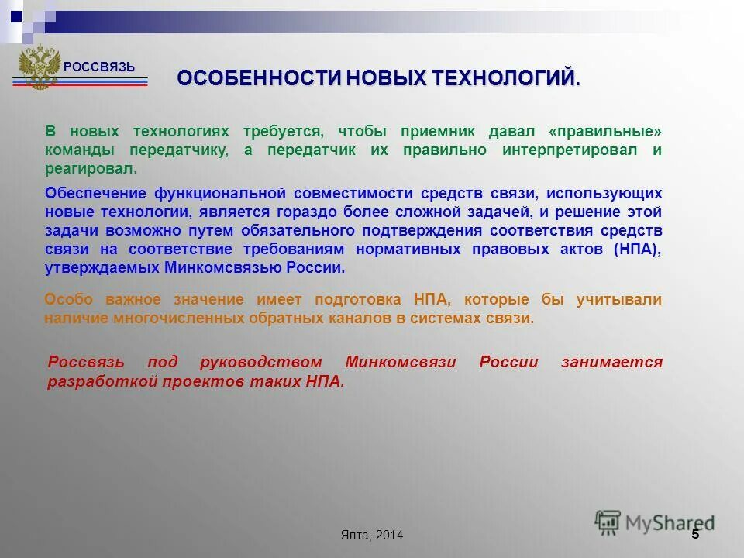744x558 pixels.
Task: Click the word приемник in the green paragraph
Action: pyautogui.click(x=431, y=132)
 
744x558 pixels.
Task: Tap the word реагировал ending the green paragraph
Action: pyautogui.click(x=91, y=169)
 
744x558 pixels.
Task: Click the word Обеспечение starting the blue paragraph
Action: pyautogui.click(x=95, y=193)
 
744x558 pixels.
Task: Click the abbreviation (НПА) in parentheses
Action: pyautogui.click(x=638, y=249)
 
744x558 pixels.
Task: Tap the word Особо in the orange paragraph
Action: pyautogui.click(x=64, y=300)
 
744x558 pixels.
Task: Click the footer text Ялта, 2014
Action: pyautogui.click(x=371, y=536)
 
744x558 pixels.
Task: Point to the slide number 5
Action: pyautogui.click(x=694, y=534)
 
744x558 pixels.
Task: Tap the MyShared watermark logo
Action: pyautogui.click(x=655, y=522)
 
